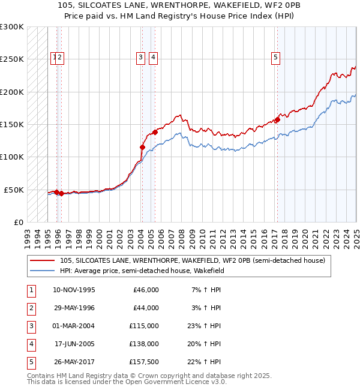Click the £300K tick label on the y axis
[x=12, y=27]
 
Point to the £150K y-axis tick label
[x=12, y=125]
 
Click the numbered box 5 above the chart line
[x=275, y=58]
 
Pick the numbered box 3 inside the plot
[x=140, y=58]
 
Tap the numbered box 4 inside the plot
[x=154, y=58]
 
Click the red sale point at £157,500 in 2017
[x=278, y=119]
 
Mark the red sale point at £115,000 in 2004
[x=142, y=147]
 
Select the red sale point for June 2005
[x=155, y=132]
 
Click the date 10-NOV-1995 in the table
[x=74, y=290]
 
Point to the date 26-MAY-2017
[x=74, y=362]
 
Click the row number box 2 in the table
[x=31, y=308]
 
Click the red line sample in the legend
[x=42, y=260]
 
